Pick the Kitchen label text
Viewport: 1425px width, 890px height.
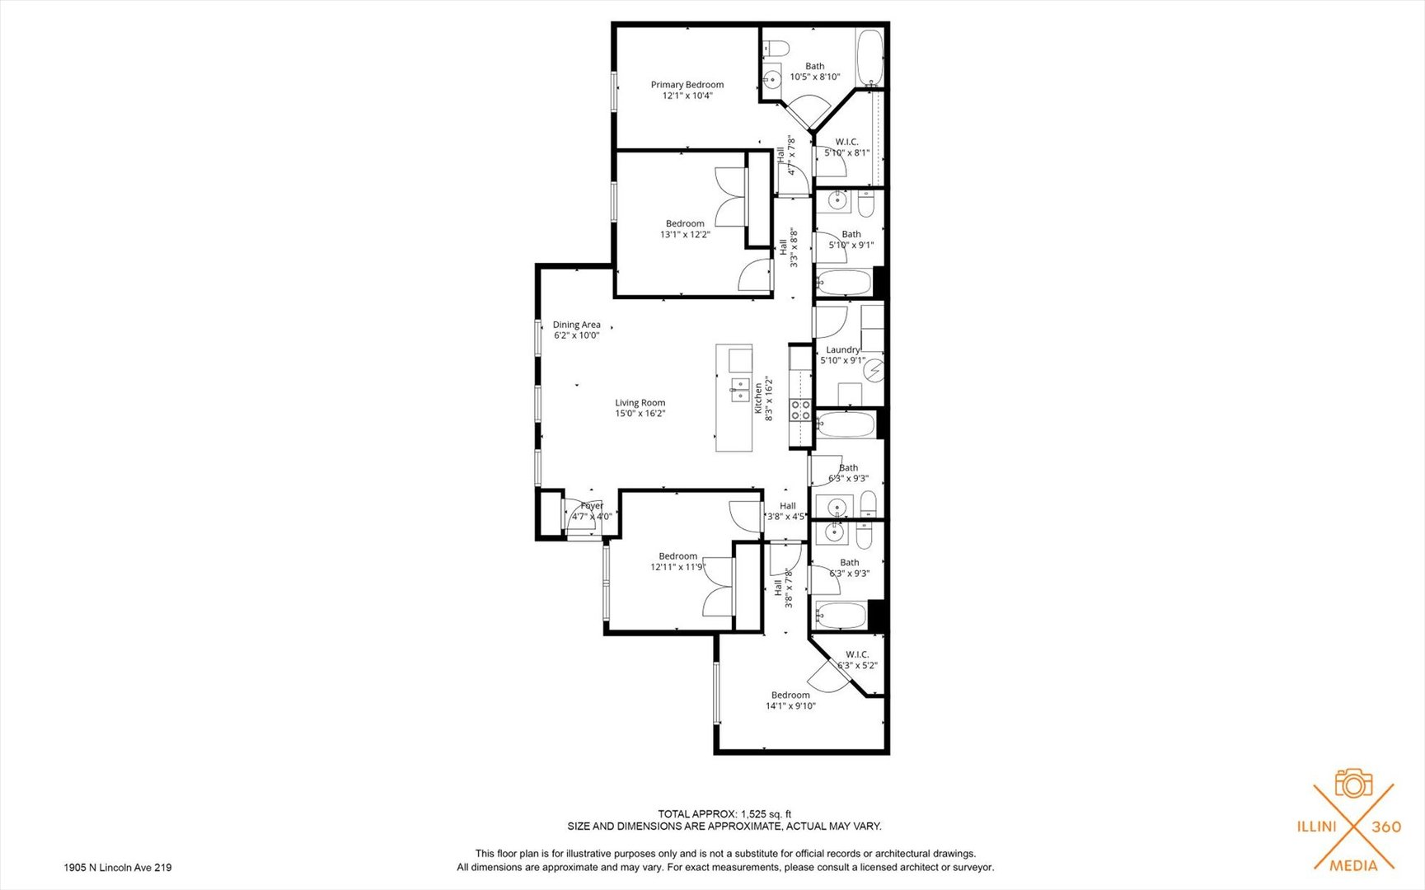[758, 399]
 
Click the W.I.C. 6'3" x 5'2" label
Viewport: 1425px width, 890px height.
[857, 660]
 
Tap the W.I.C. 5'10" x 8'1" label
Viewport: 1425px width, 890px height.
[846, 147]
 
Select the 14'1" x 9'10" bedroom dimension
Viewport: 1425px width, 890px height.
[790, 706]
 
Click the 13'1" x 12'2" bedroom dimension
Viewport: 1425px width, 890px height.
[685, 235]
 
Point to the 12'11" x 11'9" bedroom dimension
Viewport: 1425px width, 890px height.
[677, 567]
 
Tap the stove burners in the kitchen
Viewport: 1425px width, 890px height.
[799, 410]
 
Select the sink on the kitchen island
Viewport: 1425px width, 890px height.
[739, 390]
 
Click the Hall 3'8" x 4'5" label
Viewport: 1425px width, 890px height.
[787, 511]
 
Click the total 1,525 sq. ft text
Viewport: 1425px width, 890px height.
[724, 814]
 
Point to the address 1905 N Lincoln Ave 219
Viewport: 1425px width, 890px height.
[118, 868]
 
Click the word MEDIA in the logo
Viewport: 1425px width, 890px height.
[1353, 865]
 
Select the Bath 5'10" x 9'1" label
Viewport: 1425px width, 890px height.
[851, 240]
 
